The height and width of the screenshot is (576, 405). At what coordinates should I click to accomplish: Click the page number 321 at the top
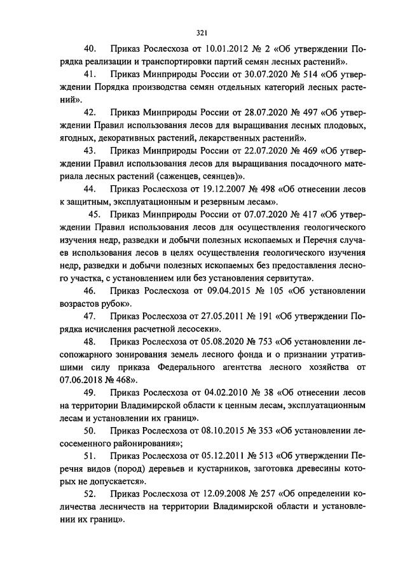point(202,33)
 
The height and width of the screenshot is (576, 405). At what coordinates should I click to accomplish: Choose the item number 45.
point(94,214)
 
